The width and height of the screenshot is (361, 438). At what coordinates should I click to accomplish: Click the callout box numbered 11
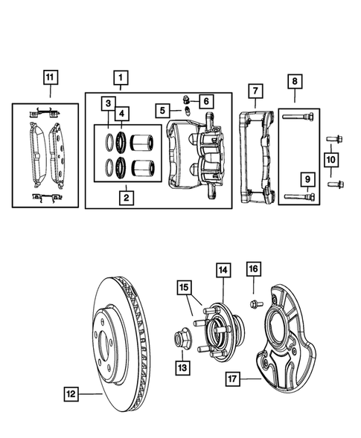[x=50, y=77]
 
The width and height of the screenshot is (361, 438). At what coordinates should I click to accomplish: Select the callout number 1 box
[x=118, y=77]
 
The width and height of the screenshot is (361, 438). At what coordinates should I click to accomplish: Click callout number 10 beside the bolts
[x=330, y=158]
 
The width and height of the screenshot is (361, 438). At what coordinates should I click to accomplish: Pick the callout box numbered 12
[x=70, y=394]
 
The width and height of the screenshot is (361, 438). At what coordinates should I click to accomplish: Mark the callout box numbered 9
[x=306, y=178]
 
